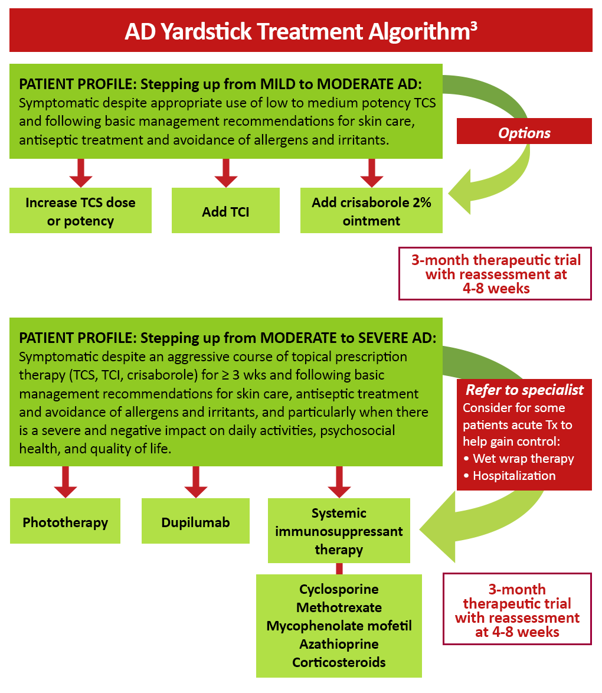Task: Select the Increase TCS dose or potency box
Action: pos(80,211)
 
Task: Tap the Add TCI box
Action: pos(225,211)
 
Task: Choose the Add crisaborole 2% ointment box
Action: pos(371,211)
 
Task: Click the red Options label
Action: pos(524,133)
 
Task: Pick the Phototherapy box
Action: pos(65,522)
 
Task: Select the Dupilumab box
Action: pos(195,522)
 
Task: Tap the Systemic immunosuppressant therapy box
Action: pos(338,531)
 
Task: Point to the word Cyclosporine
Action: pos(339,589)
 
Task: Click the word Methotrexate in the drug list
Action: pos(339,607)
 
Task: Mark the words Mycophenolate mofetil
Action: pos(339,626)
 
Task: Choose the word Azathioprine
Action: pos(339,644)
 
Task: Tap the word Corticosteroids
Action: pos(339,662)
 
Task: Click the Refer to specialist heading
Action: pos(524,390)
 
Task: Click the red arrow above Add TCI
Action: pos(225,173)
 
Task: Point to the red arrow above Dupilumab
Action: pos(195,482)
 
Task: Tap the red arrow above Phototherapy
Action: pos(65,482)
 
